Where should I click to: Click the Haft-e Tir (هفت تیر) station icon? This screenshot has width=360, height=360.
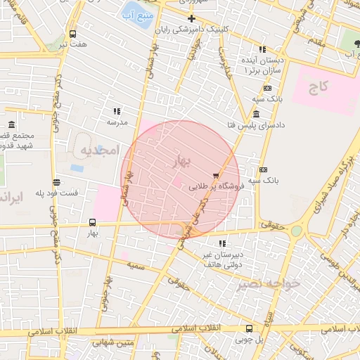(x=74, y=34)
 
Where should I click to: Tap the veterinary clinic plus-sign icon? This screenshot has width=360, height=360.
(x=191, y=18)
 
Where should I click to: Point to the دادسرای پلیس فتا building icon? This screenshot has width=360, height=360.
(x=256, y=115)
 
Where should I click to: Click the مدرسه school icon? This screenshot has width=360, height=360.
(x=117, y=111)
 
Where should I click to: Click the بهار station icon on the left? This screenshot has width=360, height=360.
(x=92, y=222)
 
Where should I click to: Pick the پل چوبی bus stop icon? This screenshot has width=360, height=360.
(x=249, y=328)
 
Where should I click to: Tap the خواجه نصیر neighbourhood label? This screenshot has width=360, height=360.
(x=269, y=283)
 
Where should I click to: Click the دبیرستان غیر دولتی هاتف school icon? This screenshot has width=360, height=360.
(x=222, y=243)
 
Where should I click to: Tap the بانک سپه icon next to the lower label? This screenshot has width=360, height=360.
(x=264, y=169)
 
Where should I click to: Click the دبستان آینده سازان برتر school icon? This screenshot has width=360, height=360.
(x=262, y=49)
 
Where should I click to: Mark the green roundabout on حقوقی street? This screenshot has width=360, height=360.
(x=297, y=230)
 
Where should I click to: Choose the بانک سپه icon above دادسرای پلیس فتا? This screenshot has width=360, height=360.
(x=267, y=88)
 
